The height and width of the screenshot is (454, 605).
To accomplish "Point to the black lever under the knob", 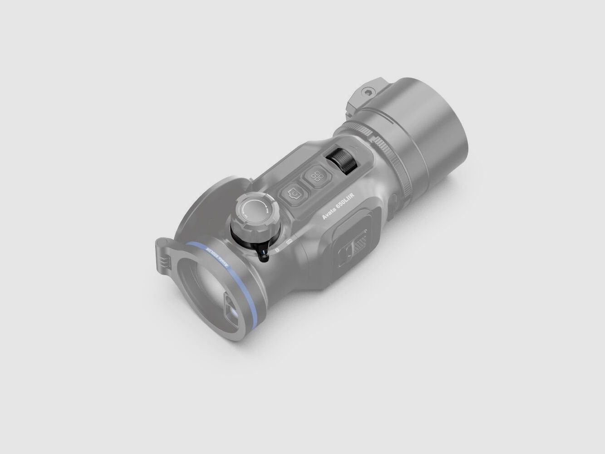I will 263,253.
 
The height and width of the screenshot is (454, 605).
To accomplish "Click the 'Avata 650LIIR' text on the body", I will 338,207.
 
